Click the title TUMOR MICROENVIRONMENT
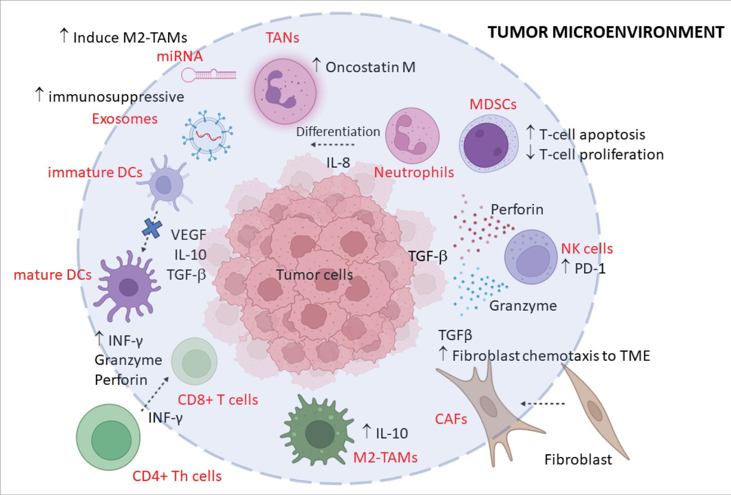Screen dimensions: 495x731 pyautogui.click(x=605, y=32)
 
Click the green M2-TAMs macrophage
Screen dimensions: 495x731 pyautogui.click(x=319, y=432)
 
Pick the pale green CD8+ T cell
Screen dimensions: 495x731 pyautogui.click(x=194, y=361)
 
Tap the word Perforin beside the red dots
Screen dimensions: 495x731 pyautogui.click(x=517, y=209)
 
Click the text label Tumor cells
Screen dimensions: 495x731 pyautogui.click(x=314, y=274)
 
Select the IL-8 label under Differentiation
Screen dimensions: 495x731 pyautogui.click(x=338, y=162)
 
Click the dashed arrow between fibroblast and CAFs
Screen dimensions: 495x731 pyautogui.click(x=542, y=404)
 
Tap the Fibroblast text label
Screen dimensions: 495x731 pyautogui.click(x=578, y=459)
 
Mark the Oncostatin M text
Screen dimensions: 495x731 pyautogui.click(x=370, y=67)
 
